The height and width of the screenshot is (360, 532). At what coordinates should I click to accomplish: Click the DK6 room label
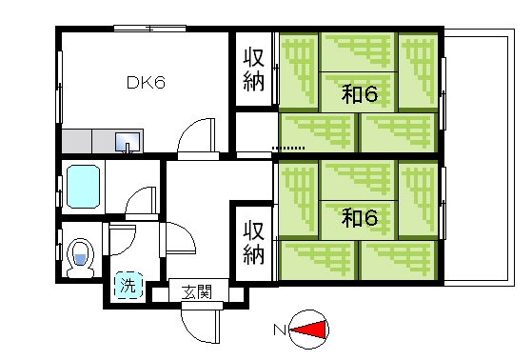point(147,83)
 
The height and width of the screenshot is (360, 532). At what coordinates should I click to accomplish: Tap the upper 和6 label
point(360,94)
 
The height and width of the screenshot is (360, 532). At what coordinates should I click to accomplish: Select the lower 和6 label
point(360,218)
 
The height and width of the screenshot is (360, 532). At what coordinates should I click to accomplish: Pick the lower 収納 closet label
point(252,242)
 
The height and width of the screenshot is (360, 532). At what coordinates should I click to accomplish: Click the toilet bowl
point(81,255)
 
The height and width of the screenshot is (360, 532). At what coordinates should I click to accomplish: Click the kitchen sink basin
point(127,144)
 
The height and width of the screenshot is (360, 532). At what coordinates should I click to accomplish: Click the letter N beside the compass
point(280,330)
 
